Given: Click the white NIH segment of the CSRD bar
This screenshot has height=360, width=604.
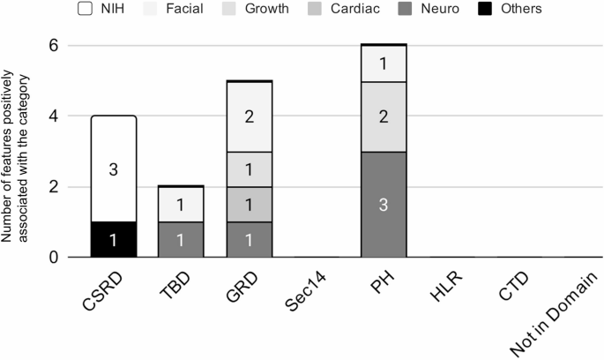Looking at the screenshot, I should tap(114, 169).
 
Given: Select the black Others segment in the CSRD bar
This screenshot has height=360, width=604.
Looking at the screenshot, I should tap(114, 239).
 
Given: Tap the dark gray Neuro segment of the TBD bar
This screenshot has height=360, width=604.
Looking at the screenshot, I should tap(182, 239).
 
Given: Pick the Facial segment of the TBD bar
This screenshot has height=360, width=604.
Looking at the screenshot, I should tap(182, 205).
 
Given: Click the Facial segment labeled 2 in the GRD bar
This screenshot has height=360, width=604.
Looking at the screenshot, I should tap(250, 116).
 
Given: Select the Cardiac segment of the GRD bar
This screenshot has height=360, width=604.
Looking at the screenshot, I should tap(250, 205).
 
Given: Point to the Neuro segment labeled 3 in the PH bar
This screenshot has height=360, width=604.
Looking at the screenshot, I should tap(383, 205).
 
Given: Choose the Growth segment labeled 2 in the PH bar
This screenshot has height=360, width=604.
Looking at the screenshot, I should tap(383, 116).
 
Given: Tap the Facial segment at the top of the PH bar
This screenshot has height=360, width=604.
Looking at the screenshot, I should tap(383, 64).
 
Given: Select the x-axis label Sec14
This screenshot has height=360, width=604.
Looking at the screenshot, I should tap(304, 290).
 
